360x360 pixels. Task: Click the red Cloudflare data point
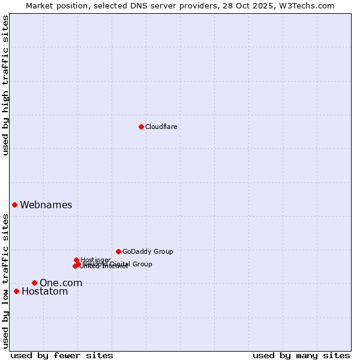141,127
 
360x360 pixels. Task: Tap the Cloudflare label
161,127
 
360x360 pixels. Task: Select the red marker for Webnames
14,205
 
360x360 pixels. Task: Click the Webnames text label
46,205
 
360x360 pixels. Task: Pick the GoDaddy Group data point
118,251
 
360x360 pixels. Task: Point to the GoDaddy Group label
148,251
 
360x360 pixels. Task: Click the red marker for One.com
34,283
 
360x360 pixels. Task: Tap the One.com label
61,283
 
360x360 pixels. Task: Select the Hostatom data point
16,292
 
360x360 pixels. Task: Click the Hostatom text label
45,292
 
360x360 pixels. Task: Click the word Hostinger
95,260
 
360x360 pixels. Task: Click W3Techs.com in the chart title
310,5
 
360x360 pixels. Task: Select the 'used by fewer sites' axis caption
62,355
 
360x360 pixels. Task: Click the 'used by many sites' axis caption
301,355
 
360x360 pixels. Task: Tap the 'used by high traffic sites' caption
5,85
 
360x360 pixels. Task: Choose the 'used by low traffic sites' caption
5,281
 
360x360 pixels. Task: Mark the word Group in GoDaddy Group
163,251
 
